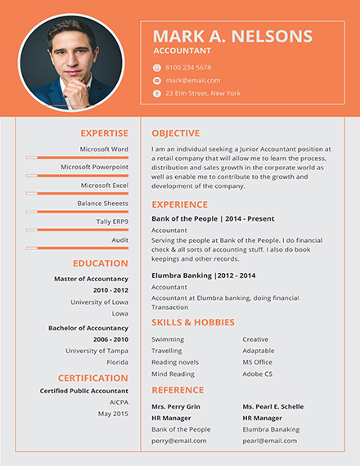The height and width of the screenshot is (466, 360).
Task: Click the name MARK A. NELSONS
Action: (232, 36)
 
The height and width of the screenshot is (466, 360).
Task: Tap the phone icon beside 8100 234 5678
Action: (157, 68)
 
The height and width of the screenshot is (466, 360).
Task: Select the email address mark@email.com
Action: (192, 81)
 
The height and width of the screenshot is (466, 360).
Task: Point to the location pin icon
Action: (157, 94)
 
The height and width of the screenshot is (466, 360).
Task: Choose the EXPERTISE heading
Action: (104, 133)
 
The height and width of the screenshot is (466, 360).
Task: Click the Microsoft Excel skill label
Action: (104, 186)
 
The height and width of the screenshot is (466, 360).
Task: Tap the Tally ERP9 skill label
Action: (112, 222)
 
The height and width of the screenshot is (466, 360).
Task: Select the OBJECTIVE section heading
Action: (175, 133)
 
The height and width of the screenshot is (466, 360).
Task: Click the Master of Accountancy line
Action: (91, 279)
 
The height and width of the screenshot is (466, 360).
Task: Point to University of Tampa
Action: (97, 351)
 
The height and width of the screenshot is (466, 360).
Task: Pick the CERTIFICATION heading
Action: (92, 378)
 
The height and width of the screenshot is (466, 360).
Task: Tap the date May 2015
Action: (113, 414)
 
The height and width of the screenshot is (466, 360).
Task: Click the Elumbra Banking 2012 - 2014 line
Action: (203, 276)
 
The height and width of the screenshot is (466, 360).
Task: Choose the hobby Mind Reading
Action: (173, 374)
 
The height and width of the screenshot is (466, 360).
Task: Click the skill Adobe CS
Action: (257, 374)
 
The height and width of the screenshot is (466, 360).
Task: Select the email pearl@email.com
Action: (270, 441)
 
